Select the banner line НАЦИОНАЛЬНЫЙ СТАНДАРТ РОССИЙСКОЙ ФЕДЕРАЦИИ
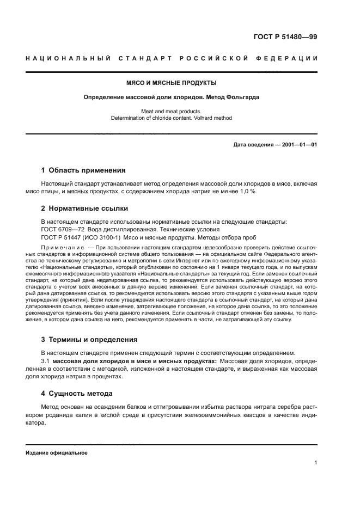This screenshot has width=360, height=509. tap(172, 58)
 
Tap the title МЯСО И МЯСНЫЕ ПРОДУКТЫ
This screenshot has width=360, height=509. tap(172, 83)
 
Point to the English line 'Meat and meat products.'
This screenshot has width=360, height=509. tap(172, 111)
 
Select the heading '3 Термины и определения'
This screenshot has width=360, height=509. tap(89, 339)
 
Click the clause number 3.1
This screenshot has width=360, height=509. tap(46, 361)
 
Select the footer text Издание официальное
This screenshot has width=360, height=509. tap(57, 452)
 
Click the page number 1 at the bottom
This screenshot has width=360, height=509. tap(316, 463)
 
